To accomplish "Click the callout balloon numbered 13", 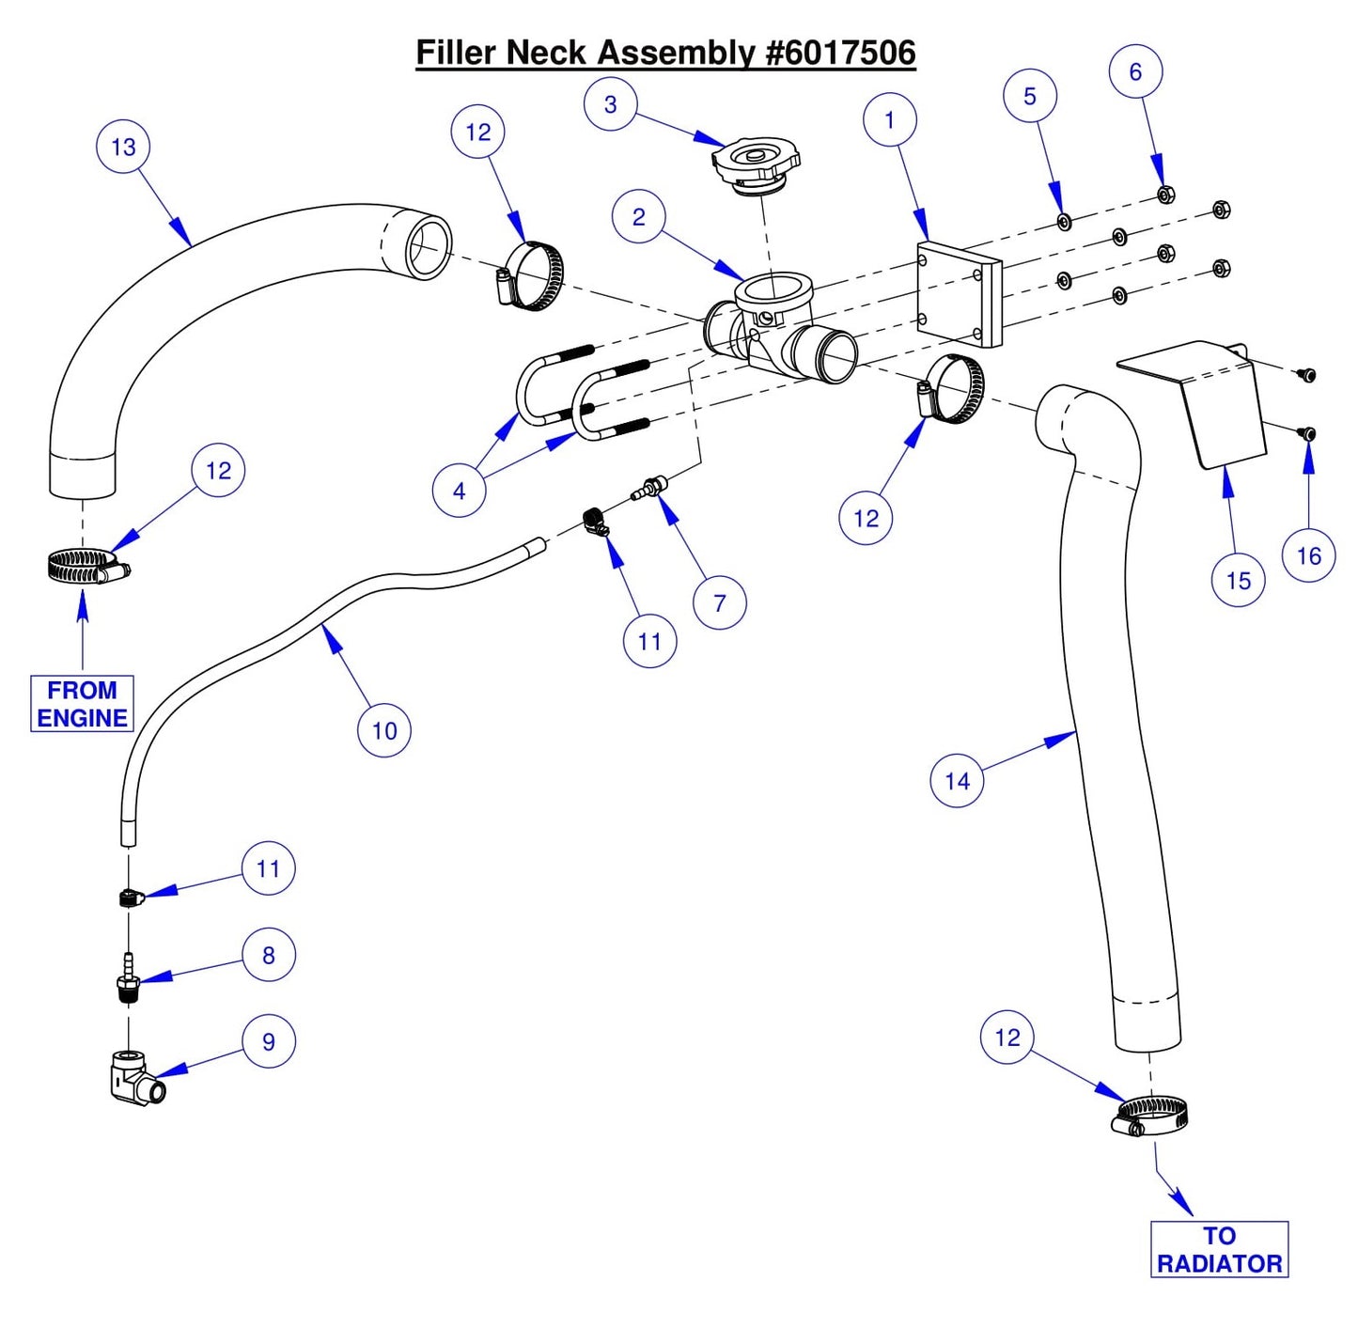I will point(123,147).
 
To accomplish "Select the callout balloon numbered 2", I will point(639,217).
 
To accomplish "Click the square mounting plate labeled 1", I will point(958,293).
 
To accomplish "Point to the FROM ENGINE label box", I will point(82,704).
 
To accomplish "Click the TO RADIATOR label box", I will point(1219,1249).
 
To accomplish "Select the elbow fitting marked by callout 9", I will point(133,1080).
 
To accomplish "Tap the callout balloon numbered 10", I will point(384,730).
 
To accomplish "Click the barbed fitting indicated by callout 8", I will point(127,980).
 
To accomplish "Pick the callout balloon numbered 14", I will point(957,781).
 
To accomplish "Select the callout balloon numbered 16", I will point(1308,555).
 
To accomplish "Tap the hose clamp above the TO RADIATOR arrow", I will point(1148,1117).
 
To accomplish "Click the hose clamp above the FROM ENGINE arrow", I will point(86,567).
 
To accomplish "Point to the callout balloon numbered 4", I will point(459,490).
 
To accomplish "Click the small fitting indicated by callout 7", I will point(649,488).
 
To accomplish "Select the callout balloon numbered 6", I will point(1135,71).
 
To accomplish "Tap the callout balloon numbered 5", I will point(1030,96).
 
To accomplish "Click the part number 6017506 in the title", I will point(840,53).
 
